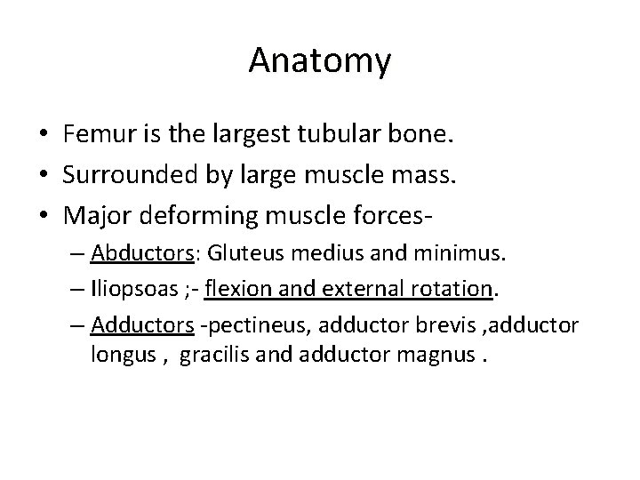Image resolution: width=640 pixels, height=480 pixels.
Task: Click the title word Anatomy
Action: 319,60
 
